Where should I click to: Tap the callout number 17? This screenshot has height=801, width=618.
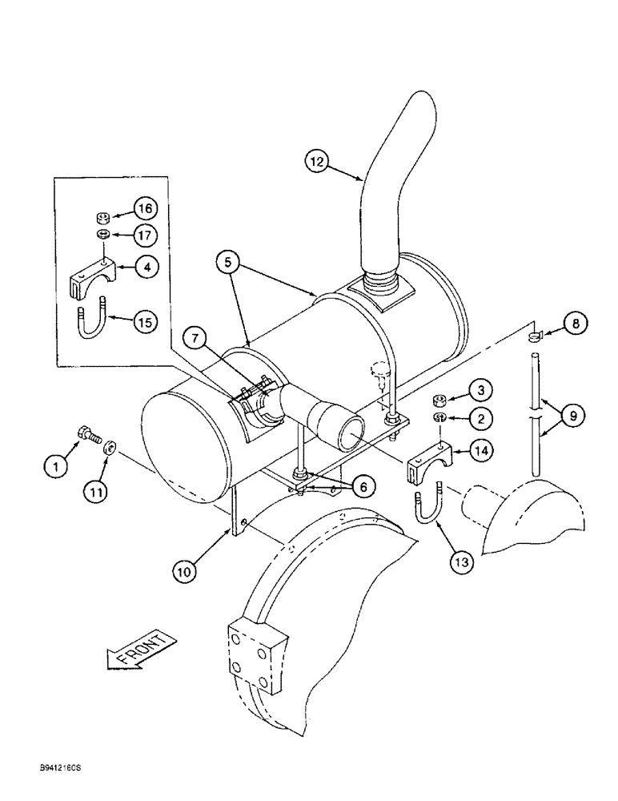click(x=146, y=237)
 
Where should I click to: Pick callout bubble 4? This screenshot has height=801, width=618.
click(x=145, y=268)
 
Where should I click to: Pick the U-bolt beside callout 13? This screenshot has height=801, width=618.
click(x=424, y=507)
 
